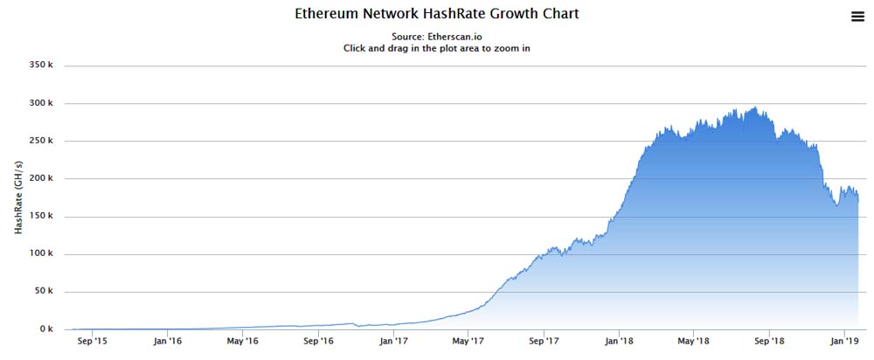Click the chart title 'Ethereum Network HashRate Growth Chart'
point(437,15)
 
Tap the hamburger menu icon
point(857,16)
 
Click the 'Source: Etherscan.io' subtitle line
point(437,37)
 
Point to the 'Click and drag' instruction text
point(437,48)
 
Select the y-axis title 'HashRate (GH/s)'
point(18,198)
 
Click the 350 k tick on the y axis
point(41,66)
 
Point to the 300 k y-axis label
point(41,103)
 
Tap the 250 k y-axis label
point(41,141)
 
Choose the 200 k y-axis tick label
point(41,178)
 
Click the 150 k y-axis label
point(41,217)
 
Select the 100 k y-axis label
point(41,254)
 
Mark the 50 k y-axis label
point(44,292)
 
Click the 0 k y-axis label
point(46,329)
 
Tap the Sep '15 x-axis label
point(92,343)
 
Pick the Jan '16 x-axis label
point(167,343)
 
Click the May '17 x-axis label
point(468,343)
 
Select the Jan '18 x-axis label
point(618,343)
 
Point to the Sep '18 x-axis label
point(768,343)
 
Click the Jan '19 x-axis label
point(843,343)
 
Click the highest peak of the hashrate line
point(754,107)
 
